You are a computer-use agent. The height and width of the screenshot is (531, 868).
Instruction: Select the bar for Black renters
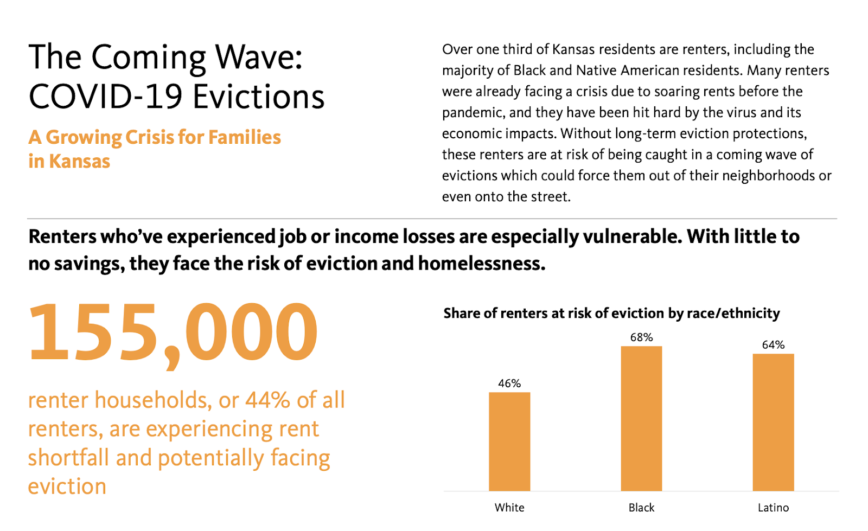(641, 418)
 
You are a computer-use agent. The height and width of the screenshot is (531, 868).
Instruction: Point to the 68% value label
(641, 337)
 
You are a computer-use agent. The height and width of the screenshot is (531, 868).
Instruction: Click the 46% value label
(509, 383)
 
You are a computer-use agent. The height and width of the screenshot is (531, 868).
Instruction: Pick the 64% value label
(773, 345)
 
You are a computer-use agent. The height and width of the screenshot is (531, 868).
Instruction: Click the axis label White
(509, 508)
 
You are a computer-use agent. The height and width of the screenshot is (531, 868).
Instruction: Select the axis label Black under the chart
(641, 508)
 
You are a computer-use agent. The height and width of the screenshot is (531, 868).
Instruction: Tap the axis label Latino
(773, 508)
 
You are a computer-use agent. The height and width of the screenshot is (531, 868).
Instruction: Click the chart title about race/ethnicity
(611, 314)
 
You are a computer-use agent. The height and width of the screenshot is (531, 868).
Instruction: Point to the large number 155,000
(173, 332)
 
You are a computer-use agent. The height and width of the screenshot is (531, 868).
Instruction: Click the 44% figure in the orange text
(267, 400)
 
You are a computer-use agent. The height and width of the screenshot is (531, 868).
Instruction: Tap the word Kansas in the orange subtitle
(79, 162)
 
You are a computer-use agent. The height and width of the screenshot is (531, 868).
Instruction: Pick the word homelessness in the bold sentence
(481, 264)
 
